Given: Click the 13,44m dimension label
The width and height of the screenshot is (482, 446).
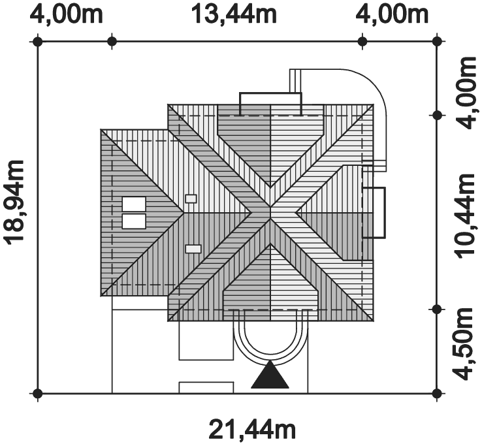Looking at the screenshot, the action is [234, 14].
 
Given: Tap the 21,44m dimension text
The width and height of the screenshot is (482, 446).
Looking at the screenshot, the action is [252, 430].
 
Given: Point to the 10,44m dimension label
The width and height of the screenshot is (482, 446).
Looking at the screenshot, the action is [465, 216].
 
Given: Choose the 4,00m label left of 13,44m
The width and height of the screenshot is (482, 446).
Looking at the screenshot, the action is [66, 14].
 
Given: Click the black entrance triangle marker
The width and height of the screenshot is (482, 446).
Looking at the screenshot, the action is [270, 374].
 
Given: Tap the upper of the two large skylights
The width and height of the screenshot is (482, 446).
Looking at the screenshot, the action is [134, 204].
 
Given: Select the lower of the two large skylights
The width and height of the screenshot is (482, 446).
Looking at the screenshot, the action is [134, 221].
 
